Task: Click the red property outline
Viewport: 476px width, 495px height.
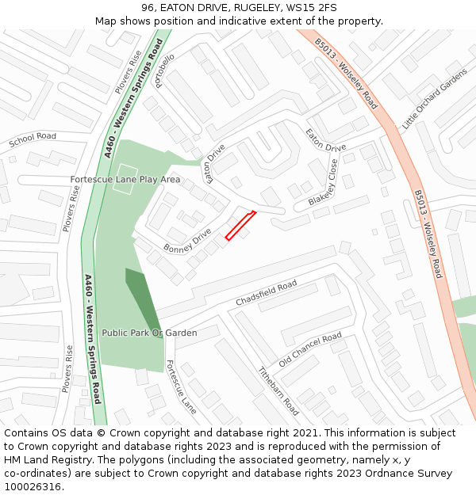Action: (x=240, y=225)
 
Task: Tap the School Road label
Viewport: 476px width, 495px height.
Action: (x=33, y=141)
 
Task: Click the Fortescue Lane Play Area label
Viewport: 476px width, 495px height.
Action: (x=125, y=180)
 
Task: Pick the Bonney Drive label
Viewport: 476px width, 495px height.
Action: (x=187, y=242)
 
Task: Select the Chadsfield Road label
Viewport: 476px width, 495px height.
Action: (x=267, y=293)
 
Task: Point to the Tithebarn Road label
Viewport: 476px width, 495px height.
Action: (x=278, y=390)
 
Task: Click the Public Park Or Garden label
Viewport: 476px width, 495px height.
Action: (x=149, y=333)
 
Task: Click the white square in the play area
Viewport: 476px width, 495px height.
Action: (x=125, y=173)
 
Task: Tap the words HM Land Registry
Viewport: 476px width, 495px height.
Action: (x=42, y=460)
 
